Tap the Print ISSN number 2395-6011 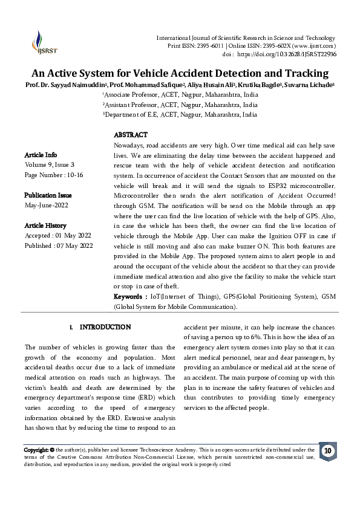click(x=192, y=46)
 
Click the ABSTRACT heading click(x=131, y=135)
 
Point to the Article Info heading click(x=41, y=155)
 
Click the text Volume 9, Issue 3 click(x=50, y=164)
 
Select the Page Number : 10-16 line click(x=54, y=174)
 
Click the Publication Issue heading click(x=48, y=195)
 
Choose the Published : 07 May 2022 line click(x=58, y=245)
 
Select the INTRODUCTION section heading click(x=105, y=327)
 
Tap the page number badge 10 click(x=327, y=451)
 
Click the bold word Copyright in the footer click(x=36, y=450)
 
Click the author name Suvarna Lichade click(x=309, y=85)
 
